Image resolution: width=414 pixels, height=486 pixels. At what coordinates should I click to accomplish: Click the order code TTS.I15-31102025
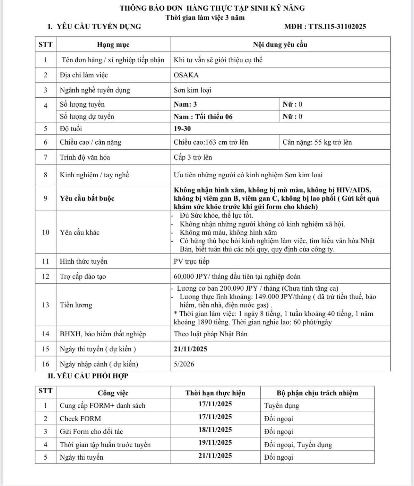pyautogui.click(x=337, y=27)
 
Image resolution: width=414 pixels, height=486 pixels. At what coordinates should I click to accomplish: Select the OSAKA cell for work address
pyautogui.click(x=186, y=75)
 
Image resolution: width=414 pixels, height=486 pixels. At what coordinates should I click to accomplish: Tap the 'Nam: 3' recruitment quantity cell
pyautogui.click(x=185, y=104)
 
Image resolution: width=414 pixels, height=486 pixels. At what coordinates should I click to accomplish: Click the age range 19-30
pyautogui.click(x=182, y=129)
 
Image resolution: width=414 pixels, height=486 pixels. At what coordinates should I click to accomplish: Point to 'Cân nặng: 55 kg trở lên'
pyautogui.click(x=317, y=142)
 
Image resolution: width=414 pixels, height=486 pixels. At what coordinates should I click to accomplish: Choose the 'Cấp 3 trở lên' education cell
pyautogui.click(x=193, y=157)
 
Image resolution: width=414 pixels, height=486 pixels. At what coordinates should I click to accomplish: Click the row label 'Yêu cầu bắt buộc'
pyautogui.click(x=87, y=198)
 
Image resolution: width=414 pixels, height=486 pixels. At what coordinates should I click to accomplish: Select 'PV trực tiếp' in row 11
pyautogui.click(x=192, y=261)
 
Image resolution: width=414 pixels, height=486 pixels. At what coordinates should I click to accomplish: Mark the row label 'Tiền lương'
pyautogui.click(x=76, y=305)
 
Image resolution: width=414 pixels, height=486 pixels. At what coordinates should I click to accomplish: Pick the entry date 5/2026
pyautogui.click(x=184, y=364)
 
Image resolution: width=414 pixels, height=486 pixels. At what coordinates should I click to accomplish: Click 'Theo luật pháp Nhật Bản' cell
pyautogui.click(x=211, y=334)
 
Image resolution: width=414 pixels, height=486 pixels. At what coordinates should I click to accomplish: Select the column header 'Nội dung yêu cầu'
pyautogui.click(x=280, y=45)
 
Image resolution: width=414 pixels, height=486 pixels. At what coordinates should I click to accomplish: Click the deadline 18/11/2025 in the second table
pyautogui.click(x=215, y=430)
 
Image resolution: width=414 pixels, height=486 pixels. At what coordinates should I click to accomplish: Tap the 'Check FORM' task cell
pyautogui.click(x=81, y=419)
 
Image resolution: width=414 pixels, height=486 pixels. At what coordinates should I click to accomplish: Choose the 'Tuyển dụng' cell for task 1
pyautogui.click(x=281, y=406)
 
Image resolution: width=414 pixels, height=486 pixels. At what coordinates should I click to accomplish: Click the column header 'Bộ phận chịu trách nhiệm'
pyautogui.click(x=317, y=393)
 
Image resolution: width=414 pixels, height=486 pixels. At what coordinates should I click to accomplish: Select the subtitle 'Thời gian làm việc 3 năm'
pyautogui.click(x=205, y=18)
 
